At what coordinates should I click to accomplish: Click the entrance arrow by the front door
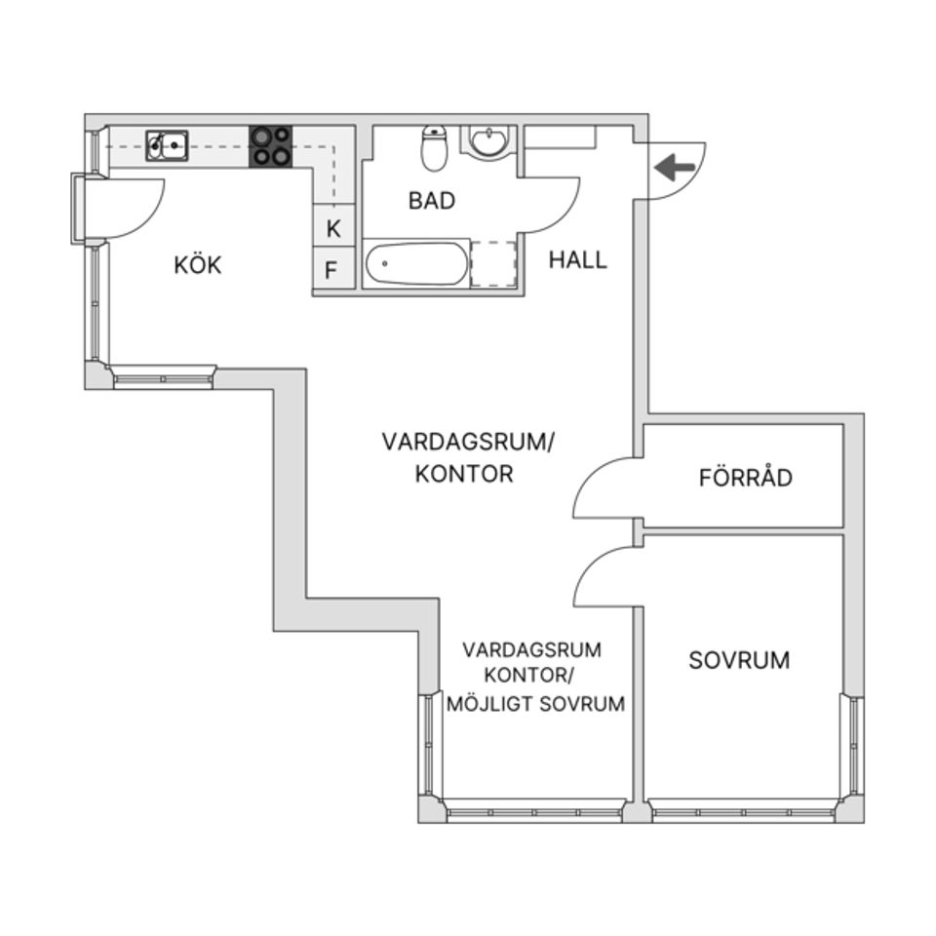click(x=674, y=168)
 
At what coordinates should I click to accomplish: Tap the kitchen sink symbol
click(x=167, y=145)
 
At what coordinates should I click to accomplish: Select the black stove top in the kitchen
click(x=271, y=146)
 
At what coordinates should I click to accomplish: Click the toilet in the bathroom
click(x=434, y=147)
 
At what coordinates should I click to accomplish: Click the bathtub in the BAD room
click(x=416, y=263)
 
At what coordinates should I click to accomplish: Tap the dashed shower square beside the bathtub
click(x=493, y=263)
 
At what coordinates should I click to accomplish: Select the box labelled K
click(x=333, y=230)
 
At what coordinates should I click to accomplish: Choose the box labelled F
click(x=331, y=270)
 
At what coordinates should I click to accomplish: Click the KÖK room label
click(x=198, y=265)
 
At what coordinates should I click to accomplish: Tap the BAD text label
click(x=432, y=201)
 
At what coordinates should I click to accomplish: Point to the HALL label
click(x=577, y=260)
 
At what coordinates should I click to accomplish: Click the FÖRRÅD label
click(x=746, y=479)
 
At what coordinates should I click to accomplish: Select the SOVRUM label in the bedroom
click(x=739, y=660)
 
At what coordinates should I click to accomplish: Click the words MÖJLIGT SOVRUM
click(x=535, y=704)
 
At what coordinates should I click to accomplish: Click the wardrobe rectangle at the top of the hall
click(x=561, y=136)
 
